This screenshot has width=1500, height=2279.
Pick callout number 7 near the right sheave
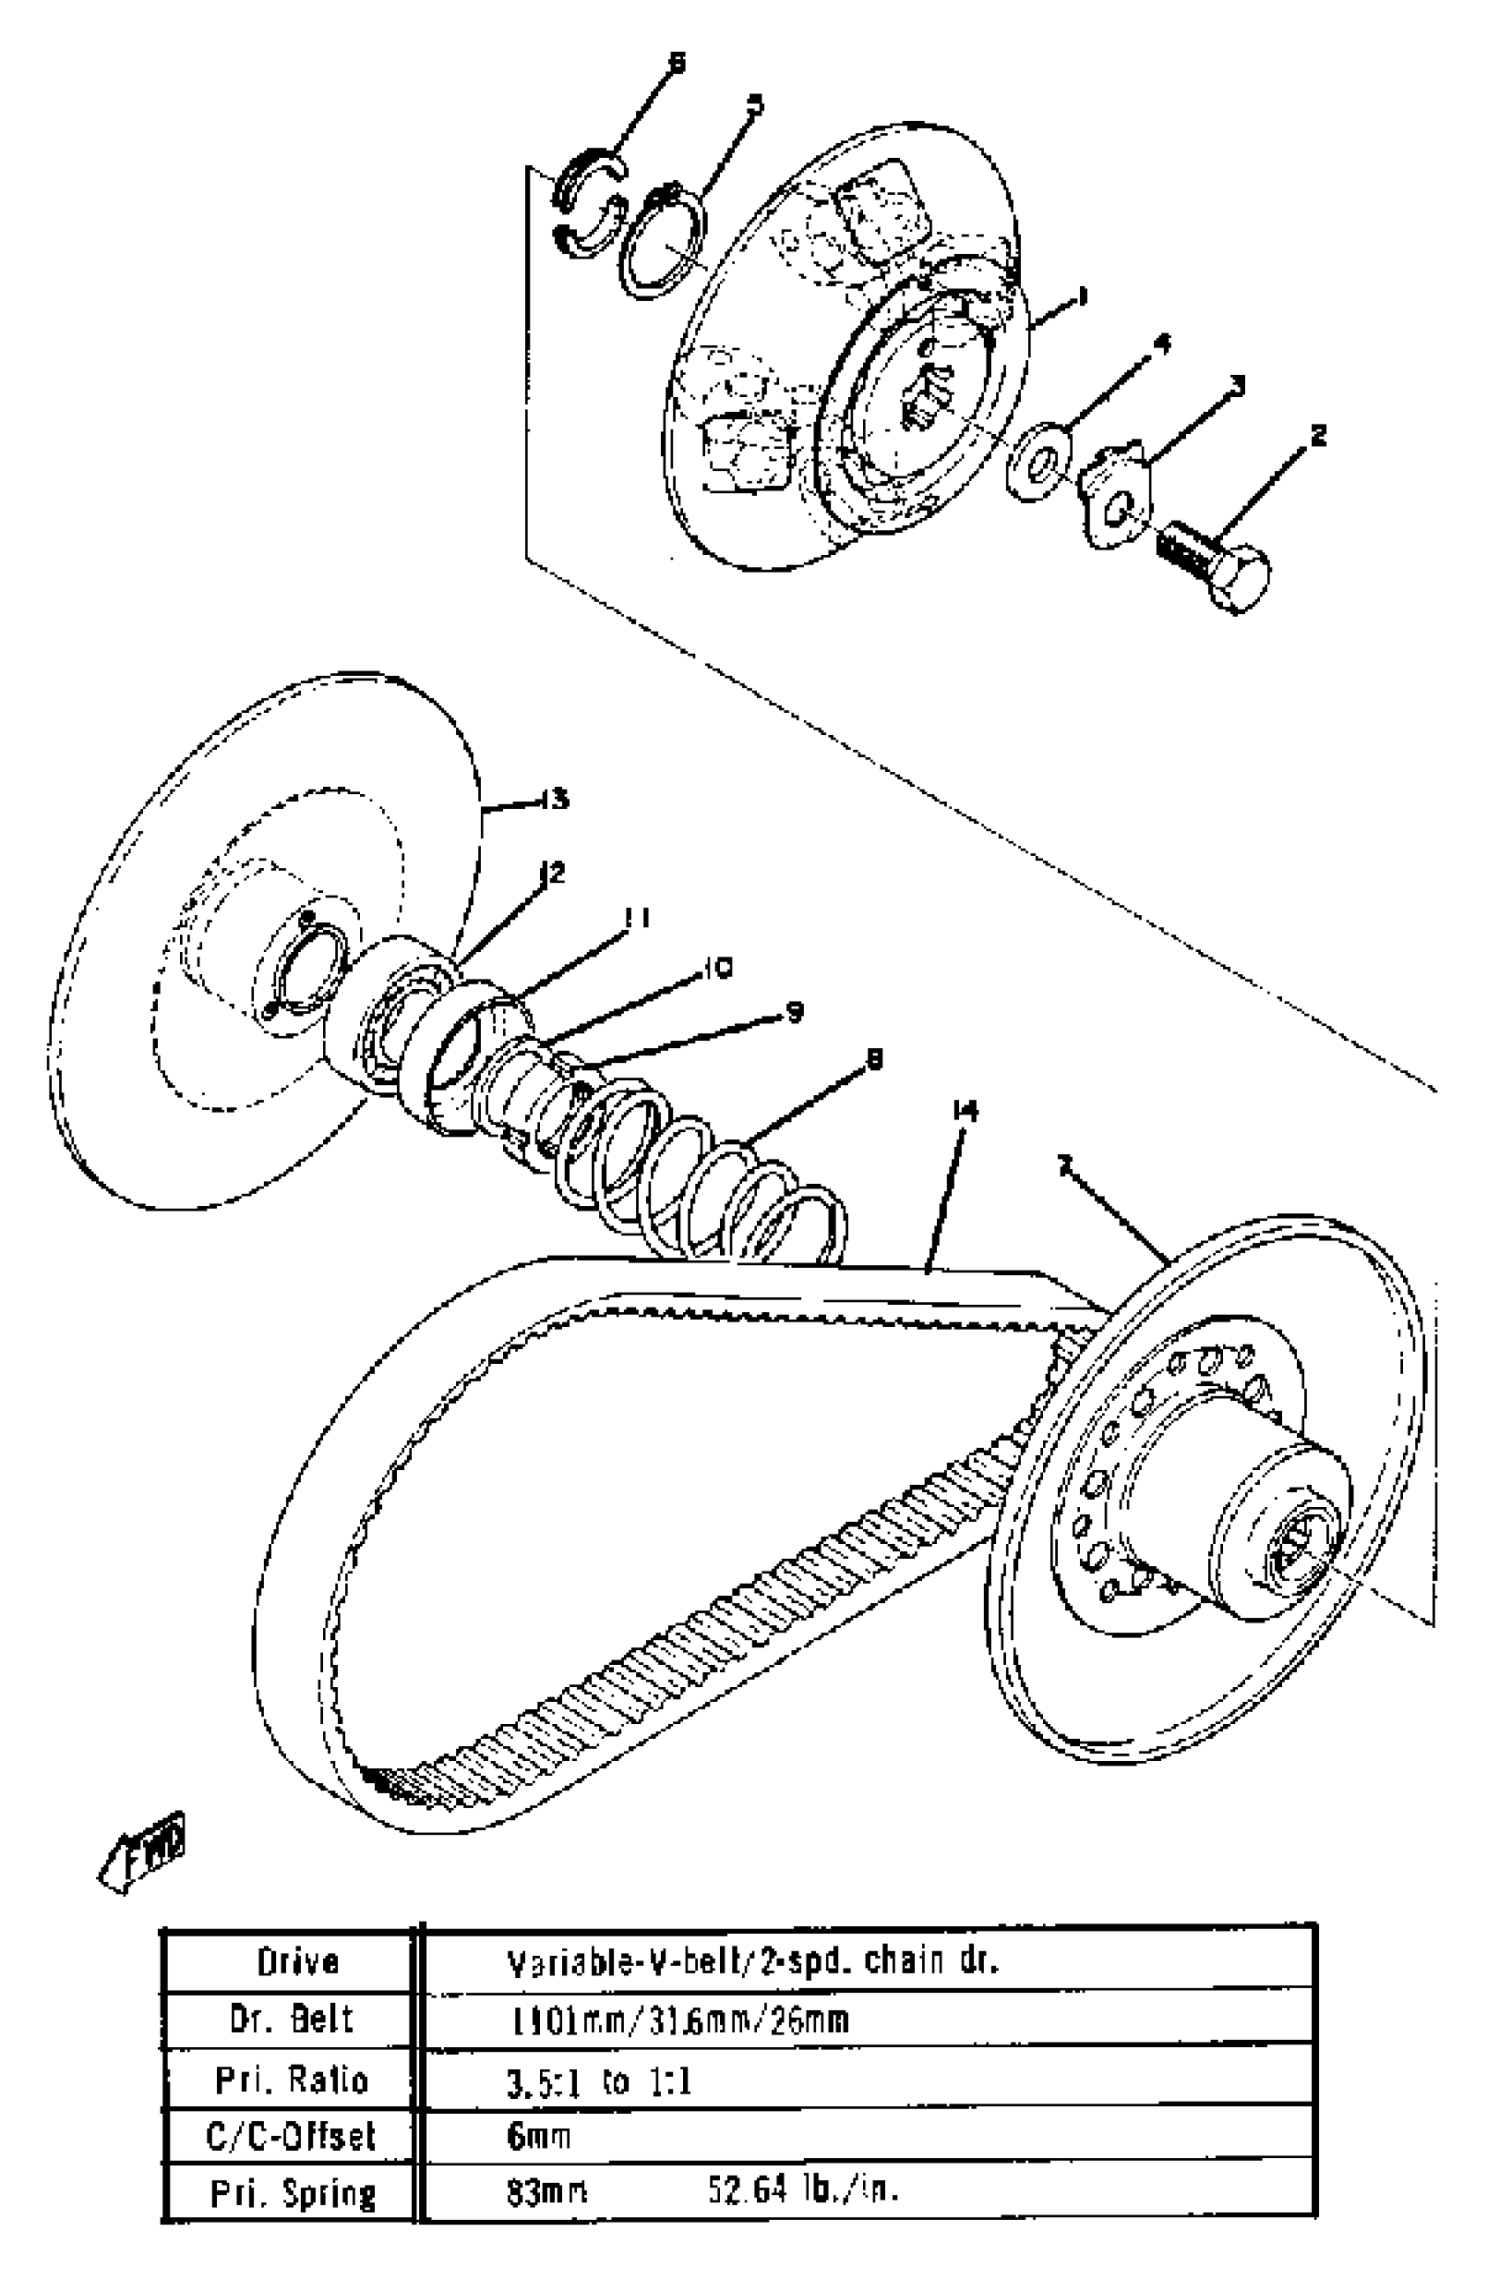click(1063, 1165)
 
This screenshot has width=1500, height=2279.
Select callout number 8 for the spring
click(873, 1058)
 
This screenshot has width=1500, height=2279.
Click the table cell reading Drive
click(297, 1962)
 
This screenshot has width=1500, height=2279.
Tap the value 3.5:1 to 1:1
click(598, 2080)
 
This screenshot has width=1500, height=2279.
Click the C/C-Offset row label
click(291, 2136)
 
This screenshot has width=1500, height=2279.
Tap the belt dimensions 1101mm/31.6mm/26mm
click(679, 2020)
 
